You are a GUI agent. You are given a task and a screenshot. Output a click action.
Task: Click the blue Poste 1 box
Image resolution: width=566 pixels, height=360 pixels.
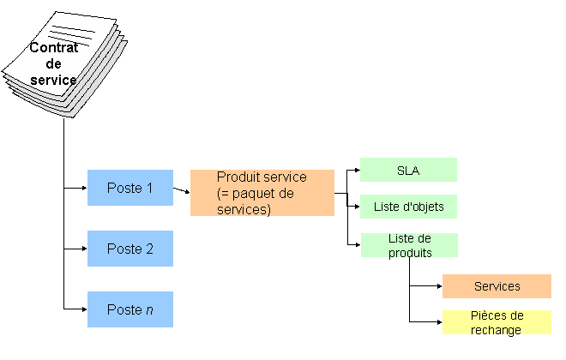click(129, 188)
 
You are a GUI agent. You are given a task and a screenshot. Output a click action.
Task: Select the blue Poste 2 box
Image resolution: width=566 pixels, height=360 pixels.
click(129, 249)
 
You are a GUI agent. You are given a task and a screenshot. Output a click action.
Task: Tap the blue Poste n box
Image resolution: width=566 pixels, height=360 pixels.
click(129, 309)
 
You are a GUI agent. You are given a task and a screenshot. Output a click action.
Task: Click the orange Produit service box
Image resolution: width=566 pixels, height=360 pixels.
click(262, 193)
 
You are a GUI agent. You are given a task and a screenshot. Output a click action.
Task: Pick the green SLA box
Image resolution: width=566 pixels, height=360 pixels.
click(408, 170)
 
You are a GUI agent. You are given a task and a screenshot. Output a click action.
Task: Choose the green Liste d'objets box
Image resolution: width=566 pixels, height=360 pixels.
click(408, 207)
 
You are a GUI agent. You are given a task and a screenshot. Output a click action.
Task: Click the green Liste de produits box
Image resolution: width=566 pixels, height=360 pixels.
click(408, 245)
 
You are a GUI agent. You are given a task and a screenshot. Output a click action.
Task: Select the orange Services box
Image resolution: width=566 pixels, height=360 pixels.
click(497, 286)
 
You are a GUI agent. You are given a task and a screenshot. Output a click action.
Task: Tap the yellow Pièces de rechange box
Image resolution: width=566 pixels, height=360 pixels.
click(497, 322)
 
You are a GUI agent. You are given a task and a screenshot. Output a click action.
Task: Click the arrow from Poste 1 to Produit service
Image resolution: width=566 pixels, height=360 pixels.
click(181, 190)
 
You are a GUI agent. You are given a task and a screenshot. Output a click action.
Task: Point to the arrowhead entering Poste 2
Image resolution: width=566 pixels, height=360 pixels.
click(83, 249)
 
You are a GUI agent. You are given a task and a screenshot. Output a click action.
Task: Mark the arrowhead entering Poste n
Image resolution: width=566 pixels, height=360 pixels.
click(83, 309)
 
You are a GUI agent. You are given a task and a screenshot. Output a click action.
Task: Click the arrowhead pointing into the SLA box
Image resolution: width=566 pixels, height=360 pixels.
click(356, 170)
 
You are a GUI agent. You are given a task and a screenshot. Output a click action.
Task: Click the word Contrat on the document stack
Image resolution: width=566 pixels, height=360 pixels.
click(54, 48)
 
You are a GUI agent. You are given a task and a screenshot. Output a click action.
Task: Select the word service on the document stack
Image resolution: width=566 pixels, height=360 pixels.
click(54, 80)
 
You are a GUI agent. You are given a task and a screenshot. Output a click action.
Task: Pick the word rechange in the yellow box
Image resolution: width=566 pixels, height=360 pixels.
click(497, 329)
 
